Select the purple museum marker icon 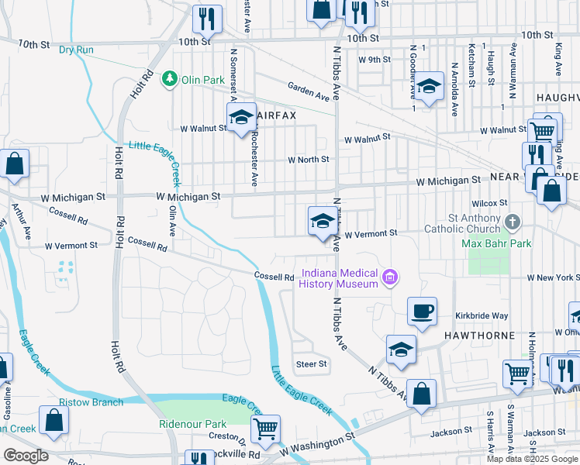pyautogui.click(x=390, y=276)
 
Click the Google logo pyautogui.click(x=26, y=455)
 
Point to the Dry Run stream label pyautogui.click(x=76, y=50)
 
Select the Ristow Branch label pyautogui.click(x=91, y=402)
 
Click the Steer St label pyautogui.click(x=312, y=363)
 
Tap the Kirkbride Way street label pyautogui.click(x=482, y=316)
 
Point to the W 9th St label pyautogui.click(x=374, y=59)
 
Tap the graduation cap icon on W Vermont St pyautogui.click(x=323, y=221)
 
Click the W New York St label pyautogui.click(x=553, y=277)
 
